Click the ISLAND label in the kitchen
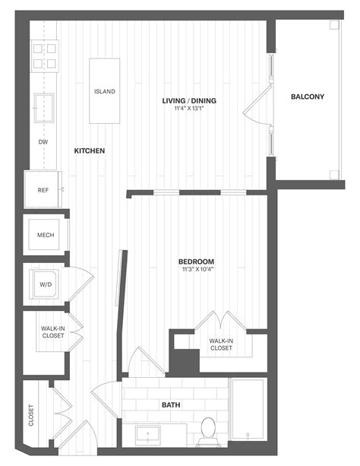click(105, 91)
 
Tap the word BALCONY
click(308, 97)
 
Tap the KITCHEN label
click(89, 151)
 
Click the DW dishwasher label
click(43, 142)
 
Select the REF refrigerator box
click(43, 190)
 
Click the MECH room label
click(46, 235)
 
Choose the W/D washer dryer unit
click(44, 285)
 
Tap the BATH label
click(171, 405)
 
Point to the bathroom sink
click(148, 436)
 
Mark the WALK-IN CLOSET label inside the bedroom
click(221, 345)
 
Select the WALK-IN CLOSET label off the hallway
click(52, 333)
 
